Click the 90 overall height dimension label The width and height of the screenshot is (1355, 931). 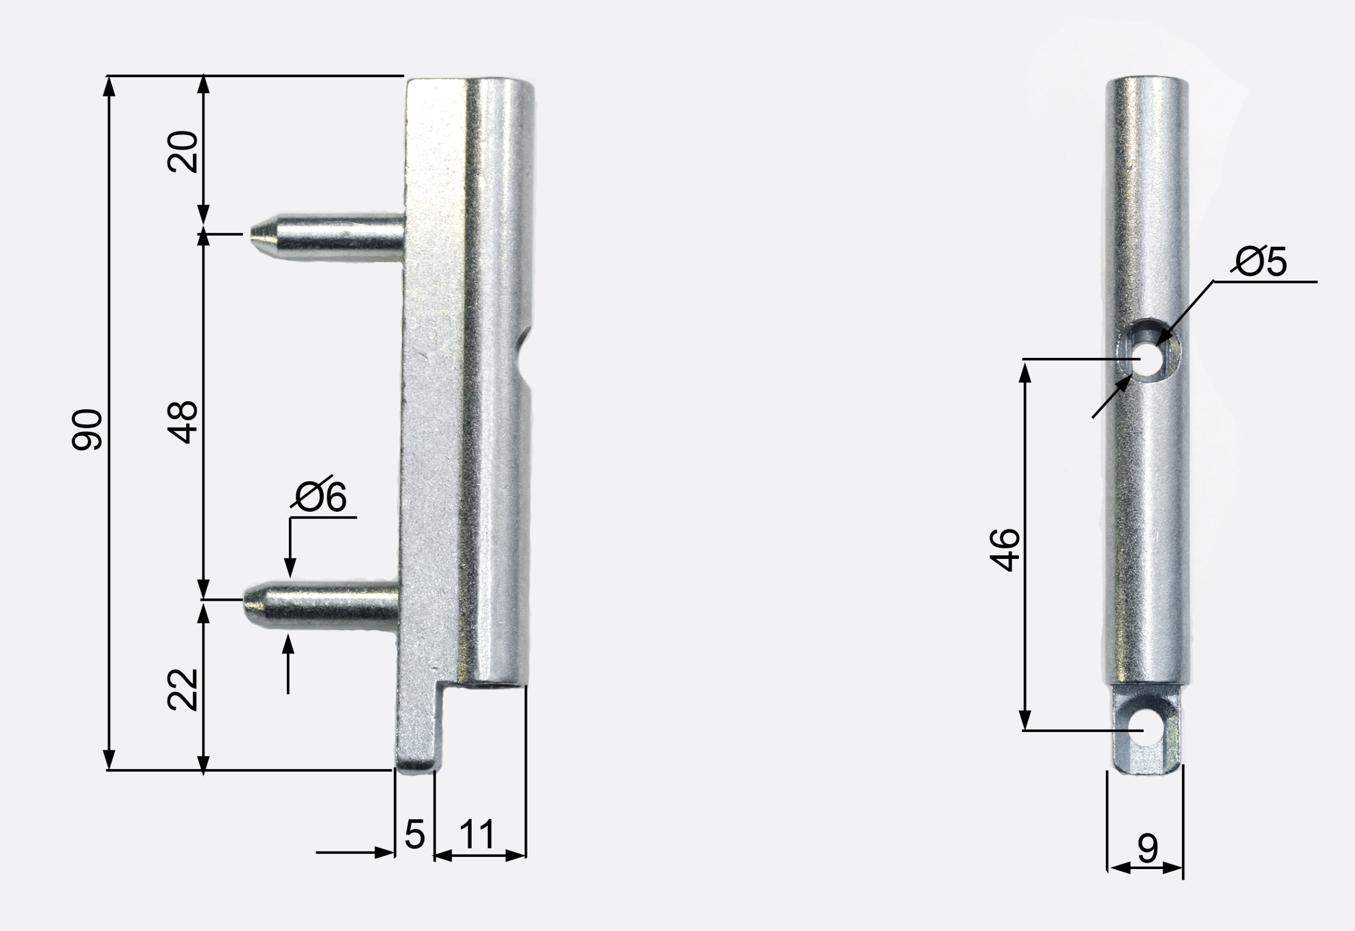click(x=87, y=430)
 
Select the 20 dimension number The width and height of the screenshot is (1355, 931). click(x=183, y=152)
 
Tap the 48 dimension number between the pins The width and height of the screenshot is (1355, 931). click(x=183, y=422)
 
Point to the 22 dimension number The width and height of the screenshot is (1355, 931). click(x=183, y=690)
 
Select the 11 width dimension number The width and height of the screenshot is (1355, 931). click(x=476, y=834)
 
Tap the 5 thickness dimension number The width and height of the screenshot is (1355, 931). click(x=415, y=834)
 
